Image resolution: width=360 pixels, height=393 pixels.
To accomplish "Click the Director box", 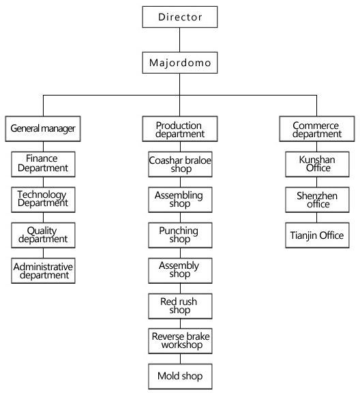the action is tap(179, 17).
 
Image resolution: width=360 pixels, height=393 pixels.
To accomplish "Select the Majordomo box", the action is tap(179, 63).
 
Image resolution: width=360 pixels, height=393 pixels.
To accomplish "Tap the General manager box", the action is tap(43, 128).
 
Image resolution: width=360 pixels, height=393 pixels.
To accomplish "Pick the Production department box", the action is tap(179, 128).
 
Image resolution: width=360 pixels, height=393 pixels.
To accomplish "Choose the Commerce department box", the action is tap(317, 128).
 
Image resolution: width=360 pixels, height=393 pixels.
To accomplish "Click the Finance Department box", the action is tap(43, 164).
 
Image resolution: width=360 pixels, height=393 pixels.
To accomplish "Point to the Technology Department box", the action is tap(43, 200).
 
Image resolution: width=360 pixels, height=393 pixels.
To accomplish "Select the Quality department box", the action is tap(43, 235).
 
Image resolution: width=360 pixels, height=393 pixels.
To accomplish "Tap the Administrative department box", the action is tap(43, 271).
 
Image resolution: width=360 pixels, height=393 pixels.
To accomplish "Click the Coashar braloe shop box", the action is tap(180, 164).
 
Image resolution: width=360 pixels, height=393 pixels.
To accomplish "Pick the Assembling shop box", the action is tap(180, 200).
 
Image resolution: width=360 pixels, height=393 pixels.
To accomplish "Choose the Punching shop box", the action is tap(180, 235).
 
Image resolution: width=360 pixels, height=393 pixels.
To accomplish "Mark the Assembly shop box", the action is tap(180, 271).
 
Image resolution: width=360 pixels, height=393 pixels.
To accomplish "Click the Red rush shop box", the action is tap(180, 306).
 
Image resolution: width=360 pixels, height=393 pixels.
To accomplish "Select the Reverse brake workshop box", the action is tap(180, 341).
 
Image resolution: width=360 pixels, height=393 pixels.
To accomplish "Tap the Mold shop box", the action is tap(180, 377).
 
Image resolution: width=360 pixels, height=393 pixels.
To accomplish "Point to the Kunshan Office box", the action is tap(317, 164).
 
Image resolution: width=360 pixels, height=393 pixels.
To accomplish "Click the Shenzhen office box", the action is tap(317, 200).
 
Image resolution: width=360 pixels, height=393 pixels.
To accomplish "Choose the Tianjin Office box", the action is tap(317, 235).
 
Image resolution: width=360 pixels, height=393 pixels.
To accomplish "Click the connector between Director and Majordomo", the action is tap(179, 40).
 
